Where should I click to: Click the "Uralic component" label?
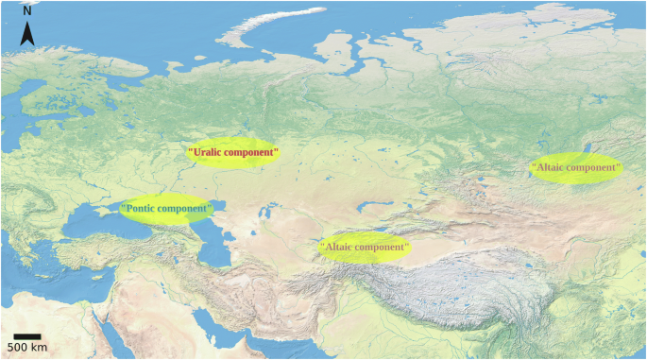tap(233, 152)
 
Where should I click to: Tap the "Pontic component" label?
tap(166, 208)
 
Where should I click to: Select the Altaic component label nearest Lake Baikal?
tap(576, 168)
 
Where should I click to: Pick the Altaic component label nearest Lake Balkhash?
tap(365, 249)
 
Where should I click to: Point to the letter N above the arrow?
tap(28, 11)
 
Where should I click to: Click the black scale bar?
tap(26, 335)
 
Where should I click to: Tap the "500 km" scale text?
tap(26, 348)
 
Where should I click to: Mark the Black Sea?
tap(99, 224)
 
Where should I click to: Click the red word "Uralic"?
tap(209, 152)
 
